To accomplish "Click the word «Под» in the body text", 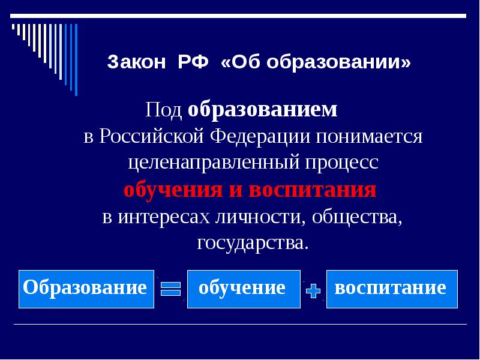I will coord(164,110).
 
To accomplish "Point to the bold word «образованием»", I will coord(263,110).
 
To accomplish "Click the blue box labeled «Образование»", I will coord(86,289).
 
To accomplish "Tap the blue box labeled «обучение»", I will coord(244,289).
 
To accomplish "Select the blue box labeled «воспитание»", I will coord(391,289).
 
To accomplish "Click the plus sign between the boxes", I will coord(313,291).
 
